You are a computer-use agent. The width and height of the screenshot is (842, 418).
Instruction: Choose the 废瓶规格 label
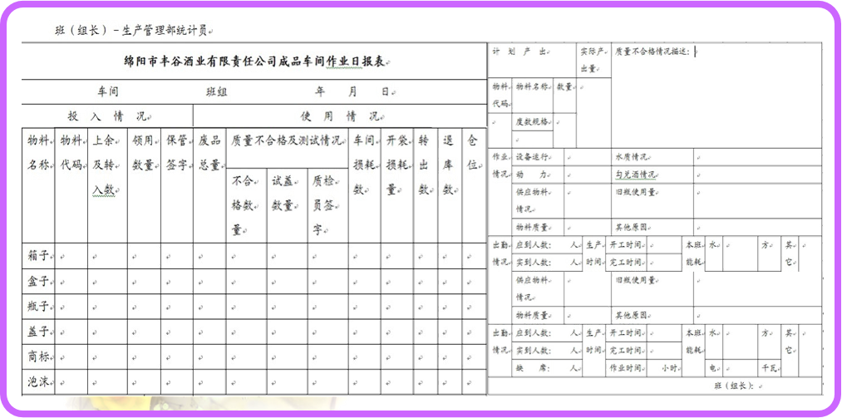click(534, 122)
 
